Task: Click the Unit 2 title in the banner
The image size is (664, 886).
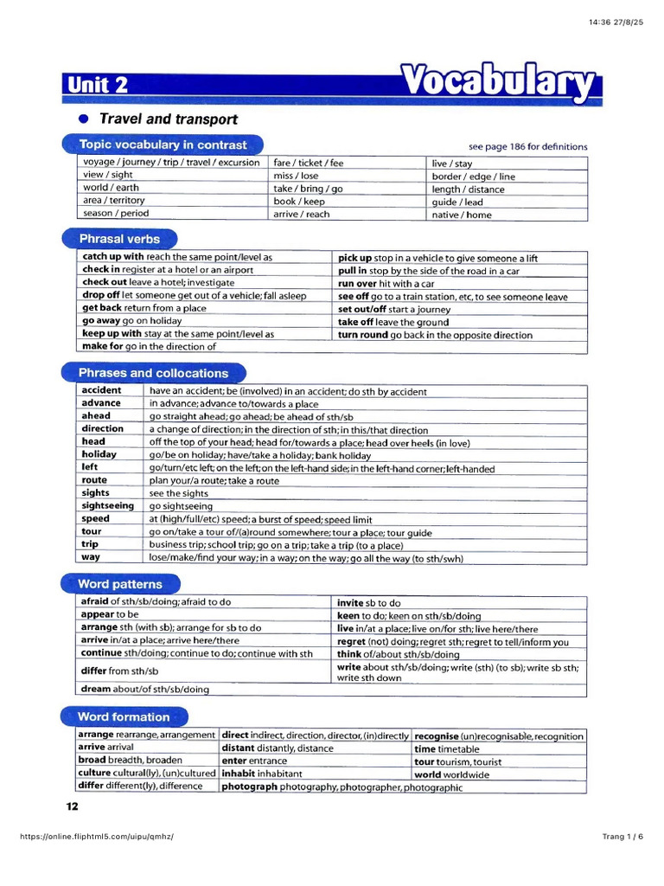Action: tap(96, 85)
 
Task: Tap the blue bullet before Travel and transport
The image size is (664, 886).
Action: tap(83, 119)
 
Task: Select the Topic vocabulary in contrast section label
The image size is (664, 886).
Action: tap(163, 144)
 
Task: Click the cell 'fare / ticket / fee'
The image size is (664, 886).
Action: tap(309, 163)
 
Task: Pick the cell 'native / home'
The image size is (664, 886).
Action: tap(462, 215)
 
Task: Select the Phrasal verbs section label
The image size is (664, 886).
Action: tap(119, 238)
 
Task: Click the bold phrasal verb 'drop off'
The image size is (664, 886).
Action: tap(101, 296)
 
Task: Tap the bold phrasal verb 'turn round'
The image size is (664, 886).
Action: tap(362, 335)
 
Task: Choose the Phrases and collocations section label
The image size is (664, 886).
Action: tap(153, 373)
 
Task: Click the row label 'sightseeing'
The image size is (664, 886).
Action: tap(108, 505)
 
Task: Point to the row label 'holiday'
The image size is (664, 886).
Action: tap(99, 454)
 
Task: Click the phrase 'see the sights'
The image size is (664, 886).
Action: tap(181, 493)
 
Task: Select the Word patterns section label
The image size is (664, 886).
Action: tap(120, 584)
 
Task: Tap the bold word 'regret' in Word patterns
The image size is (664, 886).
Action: tap(352, 642)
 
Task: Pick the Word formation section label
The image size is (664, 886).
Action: tap(124, 716)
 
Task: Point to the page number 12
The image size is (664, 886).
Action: tap(72, 806)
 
